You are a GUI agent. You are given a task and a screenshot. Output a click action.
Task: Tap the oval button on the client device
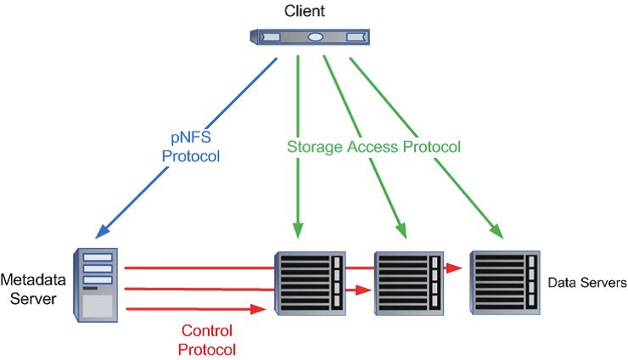(315, 37)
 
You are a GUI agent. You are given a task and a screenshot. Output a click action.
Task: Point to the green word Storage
(315, 147)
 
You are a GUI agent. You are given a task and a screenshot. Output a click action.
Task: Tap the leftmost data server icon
(311, 282)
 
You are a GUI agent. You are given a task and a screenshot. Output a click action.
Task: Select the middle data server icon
(408, 282)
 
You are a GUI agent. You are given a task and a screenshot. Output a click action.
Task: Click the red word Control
(209, 329)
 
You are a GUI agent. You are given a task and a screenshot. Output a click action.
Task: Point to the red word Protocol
(209, 347)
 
